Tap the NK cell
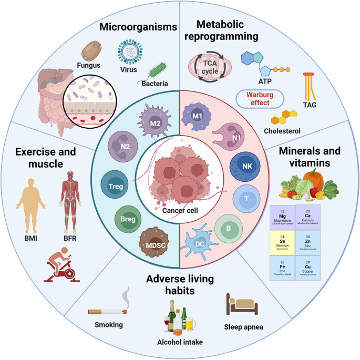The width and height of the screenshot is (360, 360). tap(246, 166)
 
